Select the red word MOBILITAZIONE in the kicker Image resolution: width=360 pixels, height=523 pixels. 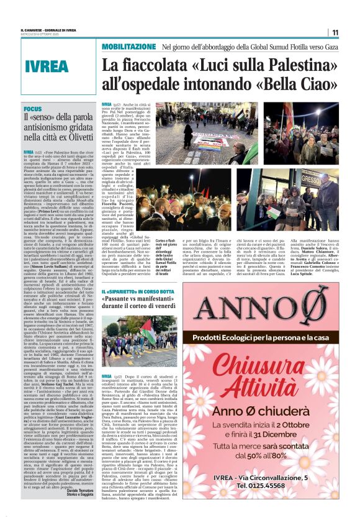click(x=129, y=47)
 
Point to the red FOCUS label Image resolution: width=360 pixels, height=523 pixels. click(x=32, y=107)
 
